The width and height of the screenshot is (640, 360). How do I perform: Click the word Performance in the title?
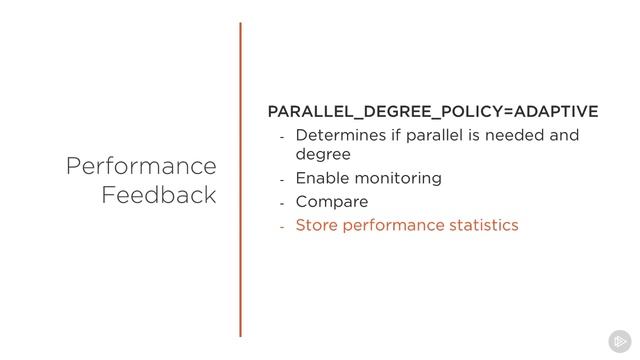[141, 166]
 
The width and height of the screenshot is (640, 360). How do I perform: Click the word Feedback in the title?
[158, 195]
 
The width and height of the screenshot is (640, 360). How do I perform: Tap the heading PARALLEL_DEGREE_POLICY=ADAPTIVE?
[433, 111]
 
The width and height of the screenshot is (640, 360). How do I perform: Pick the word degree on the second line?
[323, 155]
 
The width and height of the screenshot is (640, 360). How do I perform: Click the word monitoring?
[399, 179]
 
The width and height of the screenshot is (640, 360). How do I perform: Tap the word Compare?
[332, 202]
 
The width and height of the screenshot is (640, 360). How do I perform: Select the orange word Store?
[316, 225]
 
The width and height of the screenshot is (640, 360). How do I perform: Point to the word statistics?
[484, 225]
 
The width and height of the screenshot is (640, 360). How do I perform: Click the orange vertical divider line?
[241, 180]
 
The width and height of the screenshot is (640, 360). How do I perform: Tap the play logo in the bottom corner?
[618, 339]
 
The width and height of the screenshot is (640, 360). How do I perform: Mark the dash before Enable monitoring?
[283, 180]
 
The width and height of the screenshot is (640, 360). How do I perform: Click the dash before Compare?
[283, 203]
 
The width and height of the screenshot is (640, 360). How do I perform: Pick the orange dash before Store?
[283, 227]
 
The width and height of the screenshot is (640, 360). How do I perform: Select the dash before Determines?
[283, 137]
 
